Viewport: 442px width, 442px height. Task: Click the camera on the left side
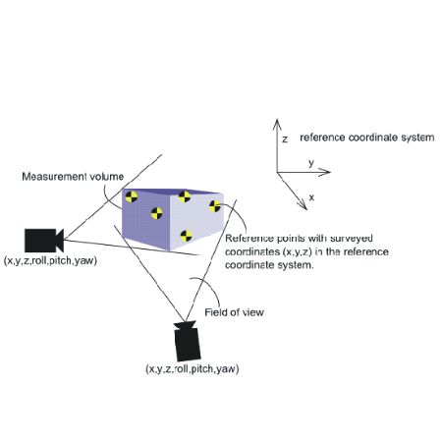click(x=43, y=241)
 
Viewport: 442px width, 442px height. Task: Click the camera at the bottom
click(x=187, y=341)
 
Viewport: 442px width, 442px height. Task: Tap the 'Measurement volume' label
click(x=73, y=177)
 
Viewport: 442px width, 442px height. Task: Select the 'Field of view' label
click(x=234, y=312)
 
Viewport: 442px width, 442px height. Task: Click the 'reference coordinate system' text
click(x=367, y=138)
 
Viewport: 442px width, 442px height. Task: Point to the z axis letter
click(x=285, y=139)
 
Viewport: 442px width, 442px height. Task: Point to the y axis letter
click(x=311, y=163)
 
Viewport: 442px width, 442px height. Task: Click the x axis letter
click(x=311, y=197)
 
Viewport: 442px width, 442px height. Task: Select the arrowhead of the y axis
click(x=325, y=172)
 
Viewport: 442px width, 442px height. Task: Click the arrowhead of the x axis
click(x=303, y=205)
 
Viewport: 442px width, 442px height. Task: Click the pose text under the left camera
click(x=50, y=260)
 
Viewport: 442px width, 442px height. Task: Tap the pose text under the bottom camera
click(x=193, y=369)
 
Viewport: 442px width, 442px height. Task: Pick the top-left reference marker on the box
click(x=132, y=196)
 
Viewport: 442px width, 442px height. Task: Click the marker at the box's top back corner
click(x=185, y=196)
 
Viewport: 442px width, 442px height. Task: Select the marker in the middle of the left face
click(x=157, y=213)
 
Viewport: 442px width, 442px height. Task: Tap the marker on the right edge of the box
click(x=215, y=206)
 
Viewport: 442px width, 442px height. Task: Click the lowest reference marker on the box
click(x=187, y=236)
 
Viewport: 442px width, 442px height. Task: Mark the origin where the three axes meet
click(x=277, y=172)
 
